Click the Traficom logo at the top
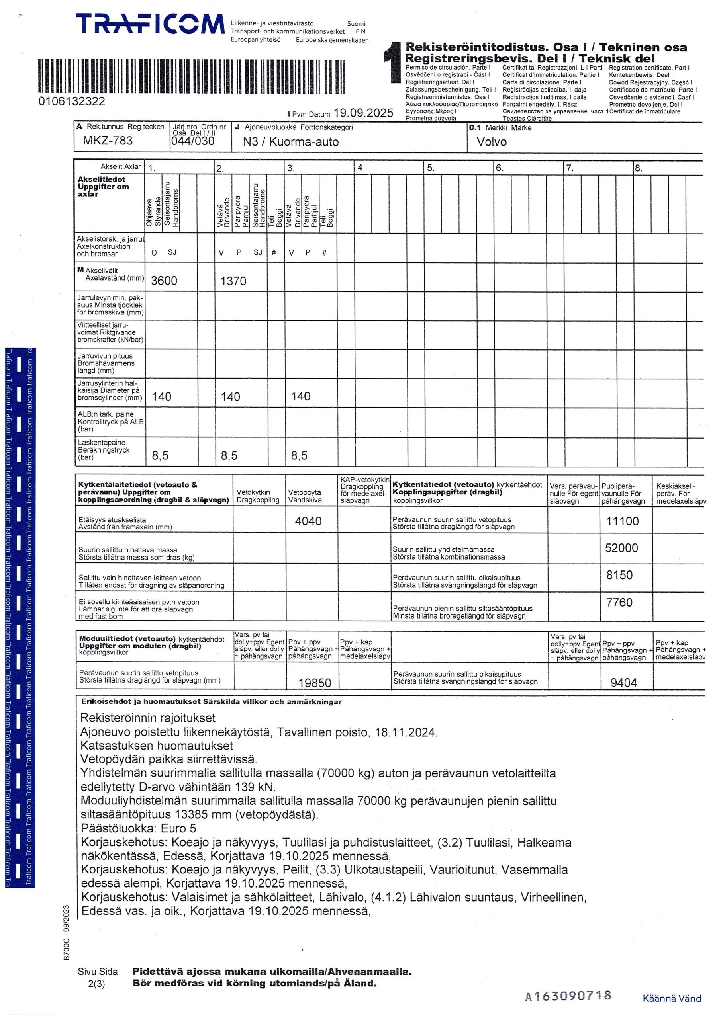pos(150,24)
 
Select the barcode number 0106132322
pos(72,101)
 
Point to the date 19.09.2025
pos(363,113)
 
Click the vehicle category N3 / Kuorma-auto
pos(290,142)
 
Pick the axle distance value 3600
pos(164,281)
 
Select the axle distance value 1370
pos(233,281)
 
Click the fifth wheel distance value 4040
pos(308,521)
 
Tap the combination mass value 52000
pos(621,548)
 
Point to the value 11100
pos(622,521)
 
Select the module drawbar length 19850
pos(315,683)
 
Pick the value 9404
pos(623,683)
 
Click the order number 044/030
pos(193,141)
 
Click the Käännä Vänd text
pos(671,999)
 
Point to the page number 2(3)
pos(96,984)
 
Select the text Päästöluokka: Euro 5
pos(138,828)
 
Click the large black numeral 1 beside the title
pos(394,62)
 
